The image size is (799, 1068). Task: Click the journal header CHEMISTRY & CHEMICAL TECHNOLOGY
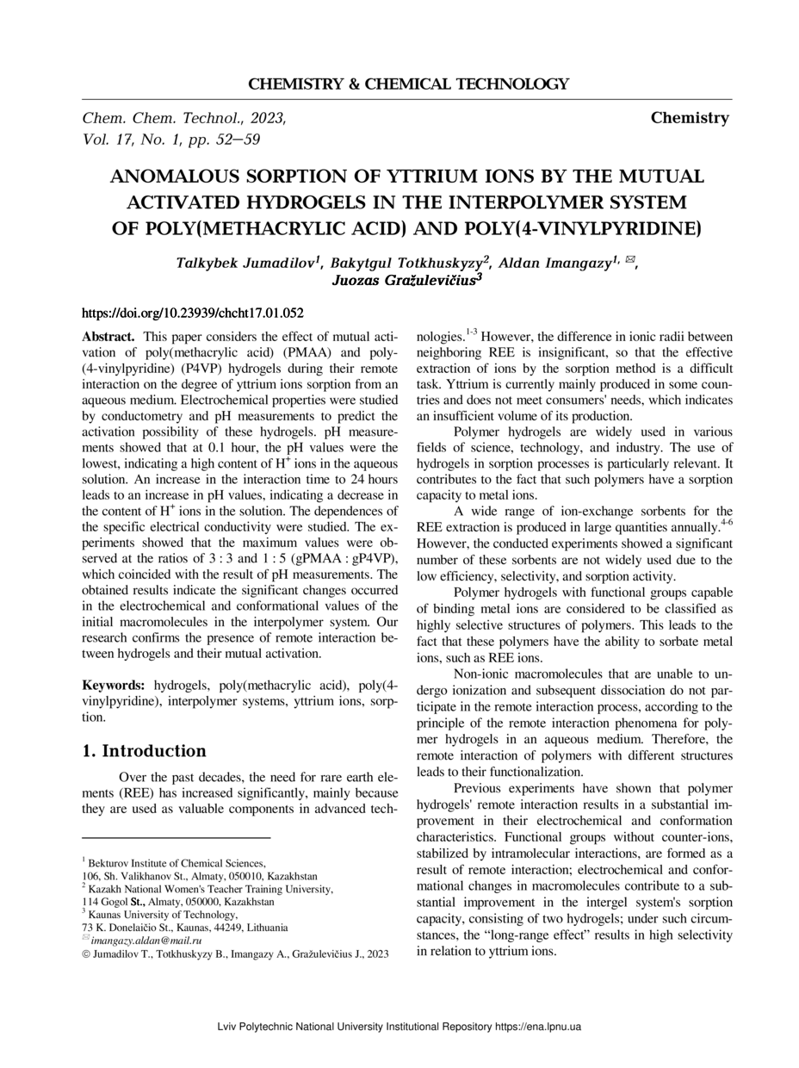pos(408,84)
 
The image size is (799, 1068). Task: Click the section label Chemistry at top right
pos(690,118)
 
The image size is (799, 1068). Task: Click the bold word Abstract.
pos(108,337)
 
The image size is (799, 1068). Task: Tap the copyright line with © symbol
pos(235,954)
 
